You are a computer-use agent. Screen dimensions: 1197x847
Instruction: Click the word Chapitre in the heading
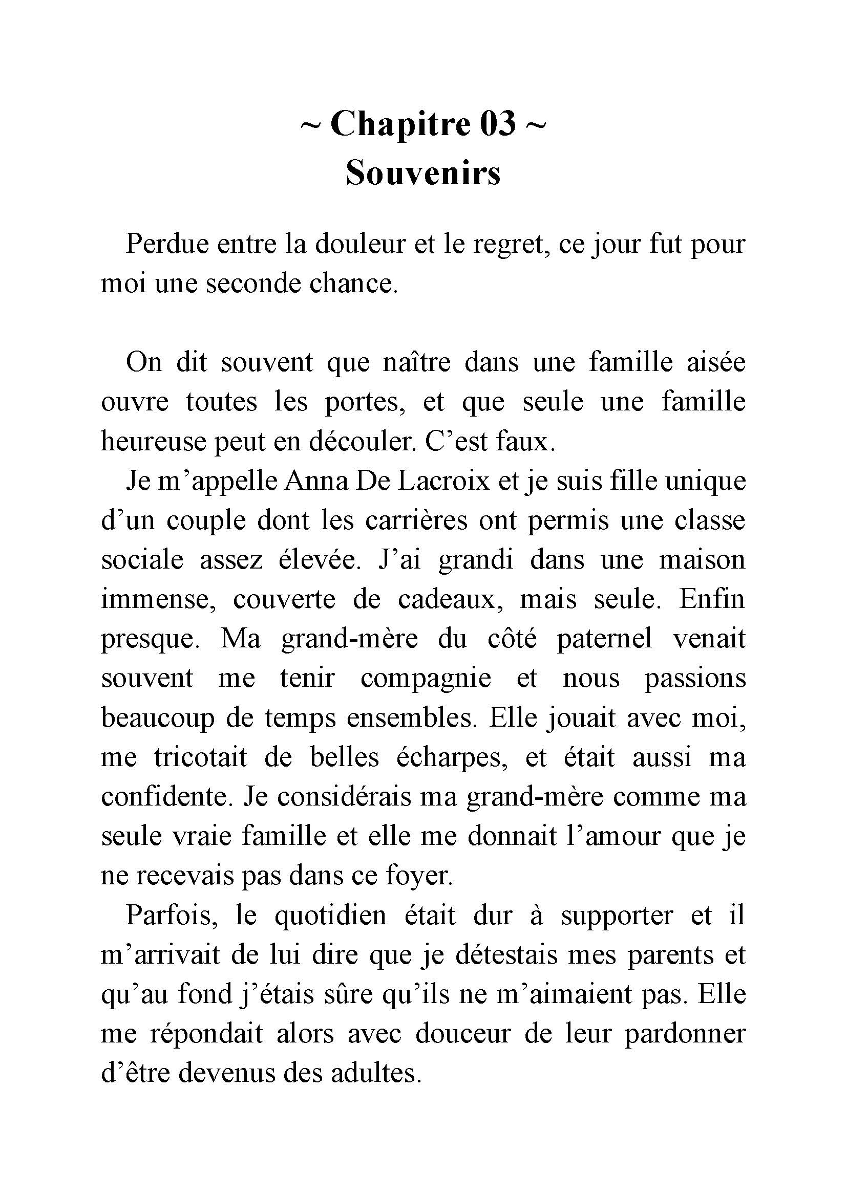tap(400, 124)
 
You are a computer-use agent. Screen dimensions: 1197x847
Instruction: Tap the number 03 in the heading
tap(498, 124)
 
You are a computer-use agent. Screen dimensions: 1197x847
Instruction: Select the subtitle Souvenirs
tap(423, 172)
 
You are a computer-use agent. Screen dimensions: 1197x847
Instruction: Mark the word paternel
tap(604, 639)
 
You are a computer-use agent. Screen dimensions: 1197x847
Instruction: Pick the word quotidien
tap(330, 916)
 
